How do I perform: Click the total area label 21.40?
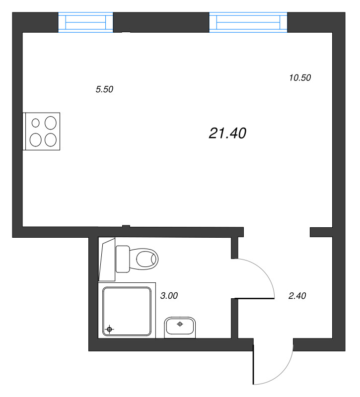click(228, 133)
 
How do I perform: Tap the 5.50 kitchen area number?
click(105, 90)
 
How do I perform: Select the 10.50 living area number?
click(299, 77)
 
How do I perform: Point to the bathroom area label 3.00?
click(169, 296)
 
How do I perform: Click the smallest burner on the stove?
click(36, 123)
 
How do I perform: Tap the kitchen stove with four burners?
click(42, 131)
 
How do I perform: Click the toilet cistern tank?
click(123, 259)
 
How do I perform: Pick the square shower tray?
click(127, 311)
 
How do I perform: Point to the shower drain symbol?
click(110, 329)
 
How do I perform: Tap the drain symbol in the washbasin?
click(180, 324)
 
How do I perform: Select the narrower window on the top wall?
click(86, 23)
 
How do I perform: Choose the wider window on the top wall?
click(249, 23)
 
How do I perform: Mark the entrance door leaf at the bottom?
click(254, 365)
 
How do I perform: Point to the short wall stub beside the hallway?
click(321, 232)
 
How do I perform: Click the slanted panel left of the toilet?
click(106, 261)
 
